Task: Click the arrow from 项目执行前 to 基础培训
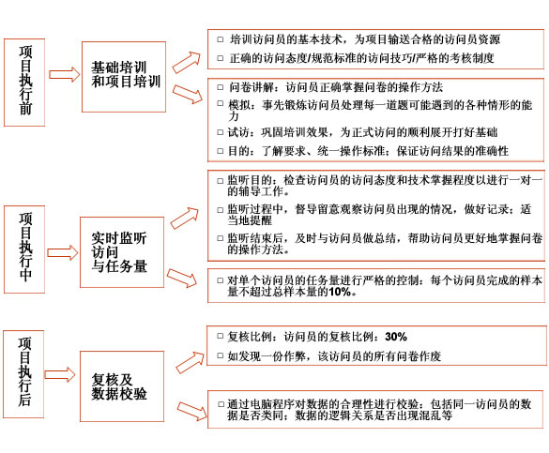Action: pos(64,74)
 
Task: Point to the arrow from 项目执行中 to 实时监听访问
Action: pos(63,252)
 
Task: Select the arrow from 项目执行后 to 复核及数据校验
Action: pos(60,374)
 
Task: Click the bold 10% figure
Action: pos(340,292)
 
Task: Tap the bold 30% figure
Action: pos(396,337)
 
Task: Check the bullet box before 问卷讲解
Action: pos(221,87)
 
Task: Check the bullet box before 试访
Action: pos(221,132)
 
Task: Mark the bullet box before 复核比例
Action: pos(221,336)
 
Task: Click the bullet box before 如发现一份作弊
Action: pos(221,355)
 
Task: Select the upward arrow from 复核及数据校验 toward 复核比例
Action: pos(190,362)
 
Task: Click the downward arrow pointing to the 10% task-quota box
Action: pos(182,279)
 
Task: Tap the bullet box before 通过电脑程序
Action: pos(221,404)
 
